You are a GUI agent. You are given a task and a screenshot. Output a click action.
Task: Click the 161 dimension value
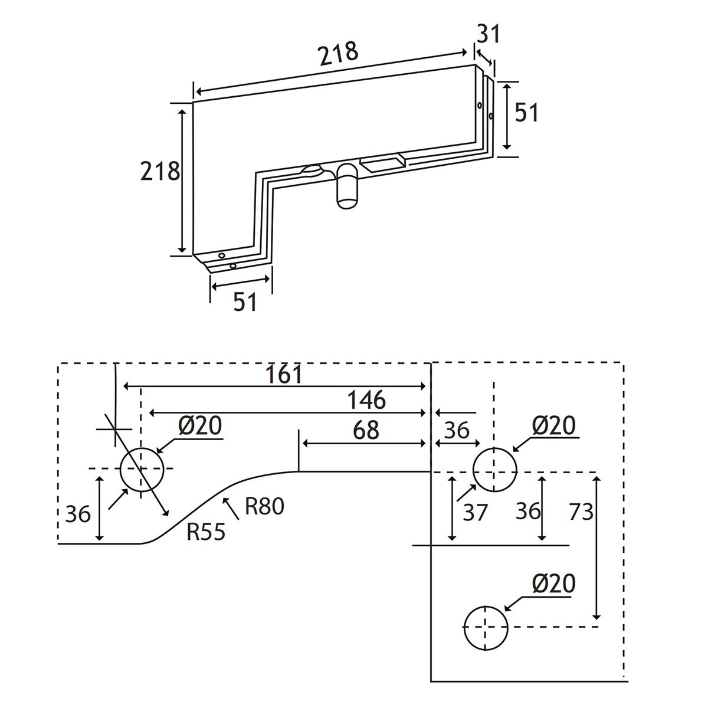point(284,374)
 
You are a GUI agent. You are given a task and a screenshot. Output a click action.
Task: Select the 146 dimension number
point(366,400)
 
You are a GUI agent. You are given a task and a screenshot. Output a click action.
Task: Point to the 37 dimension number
point(475,512)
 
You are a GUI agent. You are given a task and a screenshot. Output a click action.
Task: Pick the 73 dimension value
point(581,512)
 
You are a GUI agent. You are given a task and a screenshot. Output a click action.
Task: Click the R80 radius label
point(264,506)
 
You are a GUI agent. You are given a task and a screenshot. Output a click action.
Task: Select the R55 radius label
point(206,532)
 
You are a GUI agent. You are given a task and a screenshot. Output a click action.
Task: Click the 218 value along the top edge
point(338,54)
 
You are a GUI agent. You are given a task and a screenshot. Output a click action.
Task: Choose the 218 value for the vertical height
point(159,171)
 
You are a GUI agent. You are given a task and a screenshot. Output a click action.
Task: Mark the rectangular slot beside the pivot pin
point(382,162)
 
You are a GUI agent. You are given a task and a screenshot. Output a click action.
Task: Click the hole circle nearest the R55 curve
point(141,468)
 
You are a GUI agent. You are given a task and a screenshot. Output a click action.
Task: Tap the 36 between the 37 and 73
point(528,511)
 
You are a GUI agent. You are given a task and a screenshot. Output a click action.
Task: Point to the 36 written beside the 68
point(456,430)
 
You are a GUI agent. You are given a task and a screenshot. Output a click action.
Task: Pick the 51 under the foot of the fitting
point(245,302)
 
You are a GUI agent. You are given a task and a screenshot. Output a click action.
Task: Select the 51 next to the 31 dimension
point(526,112)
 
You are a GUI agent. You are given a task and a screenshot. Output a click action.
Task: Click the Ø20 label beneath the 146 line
point(199,426)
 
